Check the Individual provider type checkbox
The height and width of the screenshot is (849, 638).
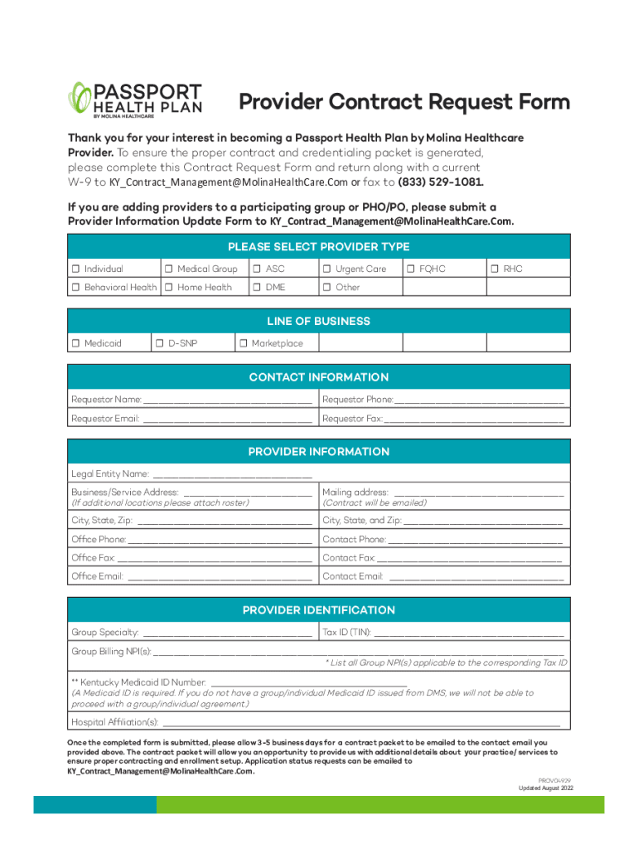coord(75,269)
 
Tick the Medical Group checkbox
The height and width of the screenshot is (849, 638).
coord(168,269)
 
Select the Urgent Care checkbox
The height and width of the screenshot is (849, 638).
coord(327,269)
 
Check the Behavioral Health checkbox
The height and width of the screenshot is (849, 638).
coord(75,288)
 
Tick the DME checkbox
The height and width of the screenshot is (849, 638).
coord(257,288)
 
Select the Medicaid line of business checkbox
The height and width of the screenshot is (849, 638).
coord(75,343)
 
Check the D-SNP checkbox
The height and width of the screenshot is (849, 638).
coord(159,343)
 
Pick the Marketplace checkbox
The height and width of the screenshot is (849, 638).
coord(244,343)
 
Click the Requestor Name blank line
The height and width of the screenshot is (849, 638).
coord(228,401)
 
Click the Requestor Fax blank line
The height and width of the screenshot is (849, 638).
coord(474,420)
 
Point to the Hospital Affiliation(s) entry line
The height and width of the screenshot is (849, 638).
coord(360,723)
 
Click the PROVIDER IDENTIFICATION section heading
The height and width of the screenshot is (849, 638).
coord(318,610)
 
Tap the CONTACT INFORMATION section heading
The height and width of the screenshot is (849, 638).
coord(318,377)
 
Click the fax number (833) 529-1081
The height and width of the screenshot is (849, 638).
coord(440,182)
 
